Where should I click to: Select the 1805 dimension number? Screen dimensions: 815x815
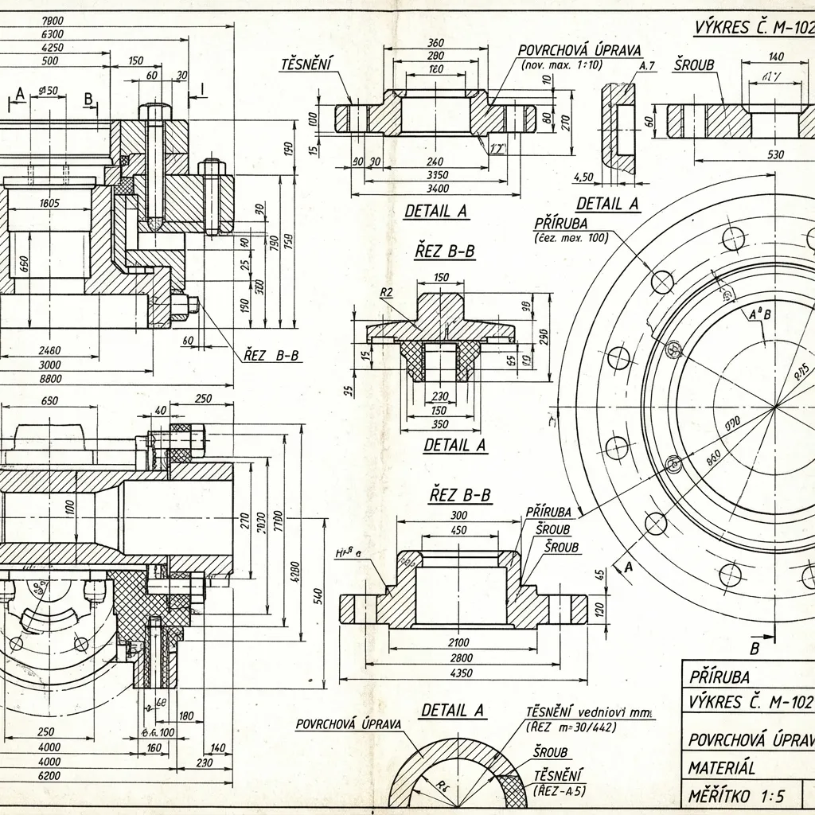[49, 204]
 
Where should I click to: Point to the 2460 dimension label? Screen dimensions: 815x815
[49, 350]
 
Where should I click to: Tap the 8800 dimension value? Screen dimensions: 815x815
[49, 379]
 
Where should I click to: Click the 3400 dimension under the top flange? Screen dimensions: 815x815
[438, 189]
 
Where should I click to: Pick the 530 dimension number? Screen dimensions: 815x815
[776, 154]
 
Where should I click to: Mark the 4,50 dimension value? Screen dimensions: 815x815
[584, 177]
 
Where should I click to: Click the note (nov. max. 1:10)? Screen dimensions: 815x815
[562, 64]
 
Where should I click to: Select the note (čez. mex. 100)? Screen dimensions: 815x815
[570, 237]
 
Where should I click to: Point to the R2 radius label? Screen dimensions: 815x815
[387, 292]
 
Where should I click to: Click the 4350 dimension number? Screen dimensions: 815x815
[461, 673]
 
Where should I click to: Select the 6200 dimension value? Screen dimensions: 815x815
[49, 775]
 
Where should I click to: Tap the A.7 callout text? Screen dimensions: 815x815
[646, 66]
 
